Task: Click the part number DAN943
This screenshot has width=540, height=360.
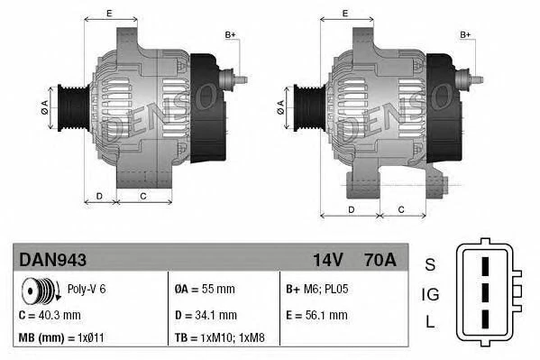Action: click(52, 260)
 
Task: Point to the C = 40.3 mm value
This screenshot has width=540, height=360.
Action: click(50, 315)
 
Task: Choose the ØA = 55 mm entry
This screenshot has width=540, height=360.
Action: click(204, 291)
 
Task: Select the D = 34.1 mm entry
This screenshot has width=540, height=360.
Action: click(206, 315)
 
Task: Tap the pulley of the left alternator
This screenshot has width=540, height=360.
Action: click(73, 106)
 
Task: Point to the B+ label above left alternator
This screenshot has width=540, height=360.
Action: click(230, 34)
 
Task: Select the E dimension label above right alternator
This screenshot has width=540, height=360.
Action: click(345, 13)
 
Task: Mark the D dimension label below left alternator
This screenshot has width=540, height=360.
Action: click(100, 195)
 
